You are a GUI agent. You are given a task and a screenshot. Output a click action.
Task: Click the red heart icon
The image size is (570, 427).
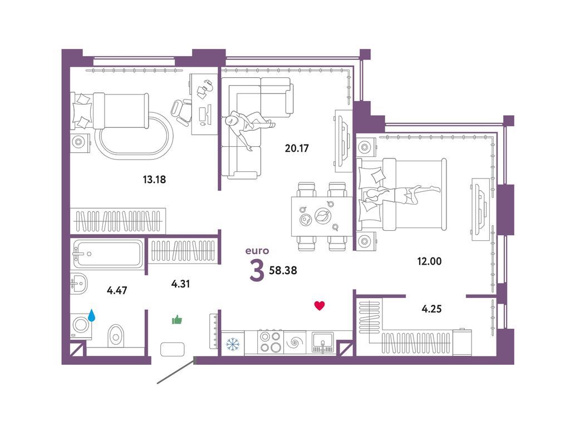(320, 306)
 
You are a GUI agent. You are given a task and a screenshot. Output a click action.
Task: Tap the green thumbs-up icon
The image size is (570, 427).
(177, 320)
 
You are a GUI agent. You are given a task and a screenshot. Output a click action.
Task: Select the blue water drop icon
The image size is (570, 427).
(92, 315)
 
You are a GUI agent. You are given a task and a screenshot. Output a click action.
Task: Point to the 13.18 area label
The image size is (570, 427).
(154, 179)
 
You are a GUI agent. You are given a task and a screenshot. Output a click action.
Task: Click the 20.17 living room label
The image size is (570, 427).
(297, 148)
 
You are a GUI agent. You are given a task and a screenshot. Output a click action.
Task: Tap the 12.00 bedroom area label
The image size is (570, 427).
(429, 261)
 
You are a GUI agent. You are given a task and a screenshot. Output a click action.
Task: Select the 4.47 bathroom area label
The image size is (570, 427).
(117, 290)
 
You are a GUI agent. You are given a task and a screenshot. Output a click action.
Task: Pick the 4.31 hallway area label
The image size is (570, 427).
(180, 284)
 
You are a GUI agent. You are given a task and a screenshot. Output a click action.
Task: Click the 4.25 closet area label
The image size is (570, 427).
(431, 309)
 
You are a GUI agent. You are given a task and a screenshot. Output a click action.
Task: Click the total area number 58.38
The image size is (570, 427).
(283, 271)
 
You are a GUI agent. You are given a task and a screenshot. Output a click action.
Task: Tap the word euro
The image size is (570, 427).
(257, 251)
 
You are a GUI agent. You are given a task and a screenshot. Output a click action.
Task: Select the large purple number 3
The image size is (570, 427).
(257, 271)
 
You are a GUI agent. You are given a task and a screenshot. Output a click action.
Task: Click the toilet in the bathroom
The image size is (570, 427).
(116, 336)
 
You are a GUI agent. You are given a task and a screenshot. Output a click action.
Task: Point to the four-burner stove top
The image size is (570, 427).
(270, 342)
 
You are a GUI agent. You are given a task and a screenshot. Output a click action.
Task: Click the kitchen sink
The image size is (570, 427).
(322, 342)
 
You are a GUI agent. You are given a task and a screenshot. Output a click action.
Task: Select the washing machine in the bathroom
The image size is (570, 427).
(81, 326)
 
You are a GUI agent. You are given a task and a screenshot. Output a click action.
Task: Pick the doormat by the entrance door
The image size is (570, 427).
(173, 349)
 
